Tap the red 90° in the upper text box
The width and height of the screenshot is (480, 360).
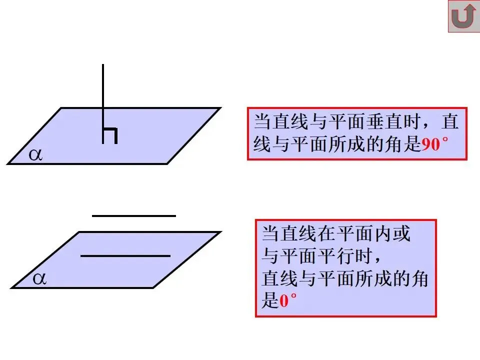pyautogui.click(x=433, y=145)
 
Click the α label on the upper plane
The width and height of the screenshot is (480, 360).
pyautogui.click(x=35, y=155)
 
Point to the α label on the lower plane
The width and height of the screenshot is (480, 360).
pyautogui.click(x=39, y=279)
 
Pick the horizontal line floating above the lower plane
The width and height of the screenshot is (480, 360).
pyautogui.click(x=134, y=216)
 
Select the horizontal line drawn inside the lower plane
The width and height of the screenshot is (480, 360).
pyautogui.click(x=125, y=256)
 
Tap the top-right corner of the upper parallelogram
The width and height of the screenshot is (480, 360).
pyautogui.click(x=220, y=108)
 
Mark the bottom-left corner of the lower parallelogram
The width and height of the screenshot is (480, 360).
pyautogui.click(x=12, y=288)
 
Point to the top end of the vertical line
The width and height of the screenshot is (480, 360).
pyautogui.click(x=103, y=65)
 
